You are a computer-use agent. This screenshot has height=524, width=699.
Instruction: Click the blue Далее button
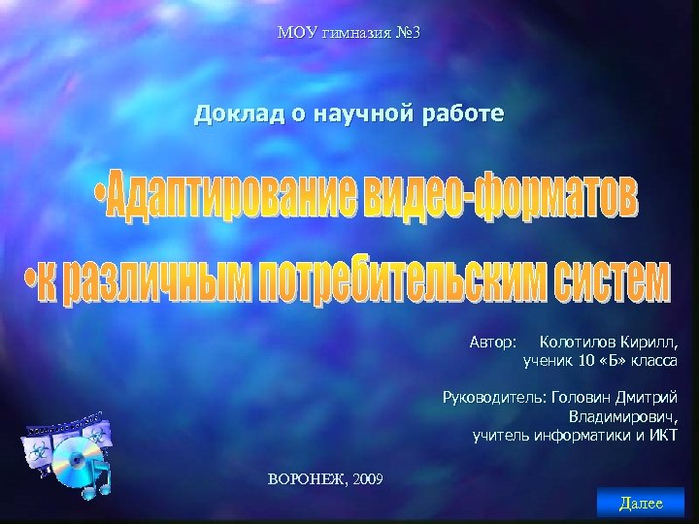pyautogui.click(x=641, y=503)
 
